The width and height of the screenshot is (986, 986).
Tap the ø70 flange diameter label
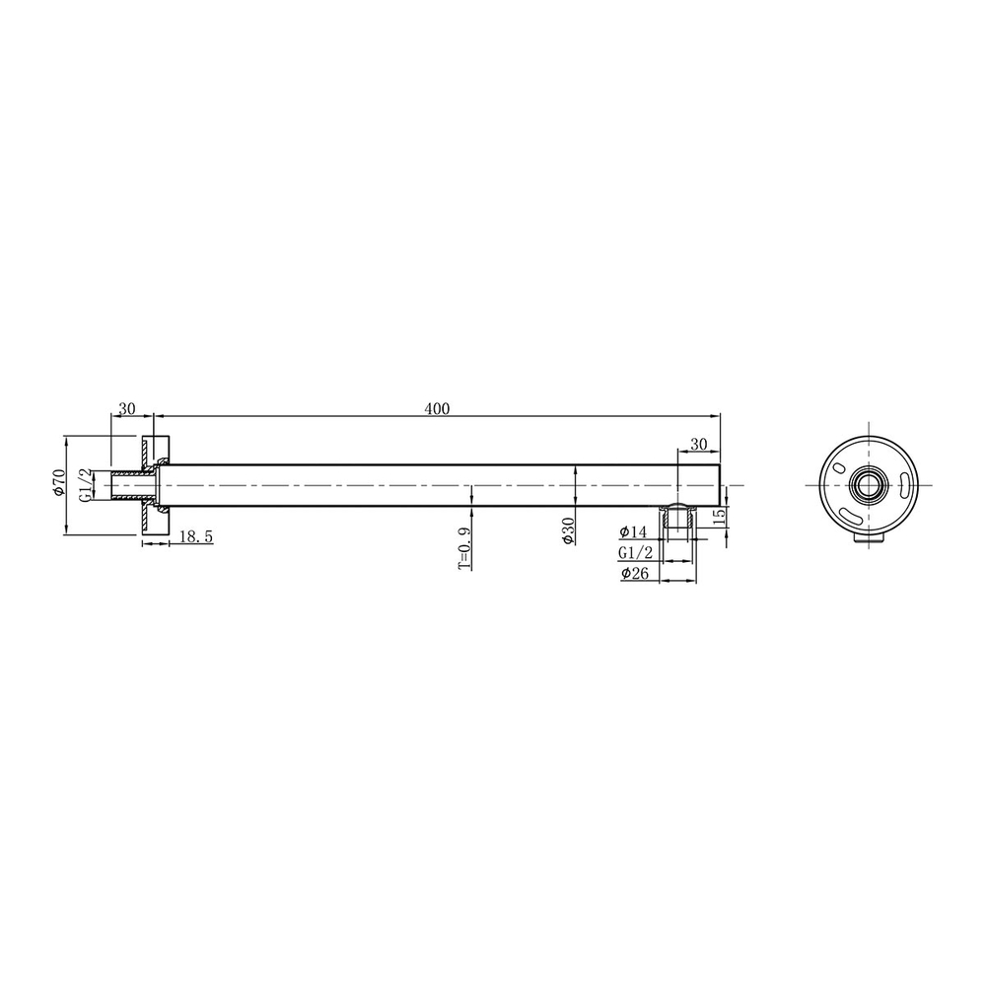point(58,485)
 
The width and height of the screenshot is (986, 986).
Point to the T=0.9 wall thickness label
point(463,547)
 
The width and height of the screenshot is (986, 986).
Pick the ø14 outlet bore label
point(633,532)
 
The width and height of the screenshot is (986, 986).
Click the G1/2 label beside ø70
point(86,485)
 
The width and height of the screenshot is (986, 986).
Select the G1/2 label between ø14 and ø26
point(634,553)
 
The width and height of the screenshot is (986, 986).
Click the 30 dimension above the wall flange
point(126,407)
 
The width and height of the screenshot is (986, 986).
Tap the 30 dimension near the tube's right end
point(698,445)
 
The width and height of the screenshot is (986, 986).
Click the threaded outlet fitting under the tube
point(677,519)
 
